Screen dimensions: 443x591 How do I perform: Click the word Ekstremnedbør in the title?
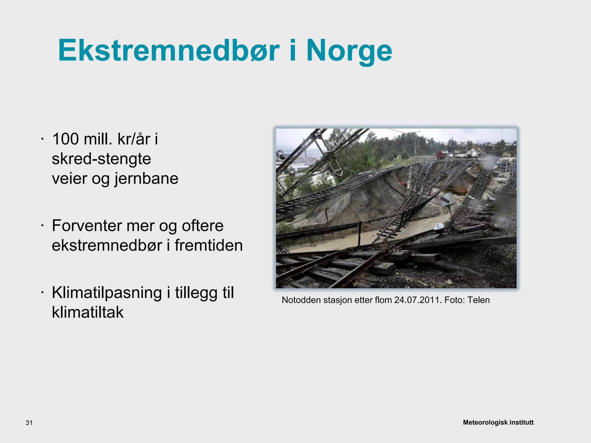coord(169,50)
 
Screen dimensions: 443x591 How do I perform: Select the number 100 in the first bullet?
coord(66,139)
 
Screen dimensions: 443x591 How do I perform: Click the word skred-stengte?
coord(101,159)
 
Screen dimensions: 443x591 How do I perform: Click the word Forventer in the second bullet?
coord(86,226)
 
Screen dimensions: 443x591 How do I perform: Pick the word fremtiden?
coord(208,245)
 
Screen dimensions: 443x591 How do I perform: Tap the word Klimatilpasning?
coord(107,293)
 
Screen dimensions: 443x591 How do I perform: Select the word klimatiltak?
coord(88,312)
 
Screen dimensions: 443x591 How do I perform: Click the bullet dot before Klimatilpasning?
coord(42,293)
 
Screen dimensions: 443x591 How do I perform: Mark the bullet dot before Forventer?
coord(42,226)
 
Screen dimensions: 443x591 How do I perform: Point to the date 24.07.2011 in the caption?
coord(418,300)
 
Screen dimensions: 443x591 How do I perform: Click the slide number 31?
coord(29,423)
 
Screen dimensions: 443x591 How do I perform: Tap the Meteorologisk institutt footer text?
coord(498,423)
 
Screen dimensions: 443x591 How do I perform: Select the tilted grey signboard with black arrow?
coord(446,200)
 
